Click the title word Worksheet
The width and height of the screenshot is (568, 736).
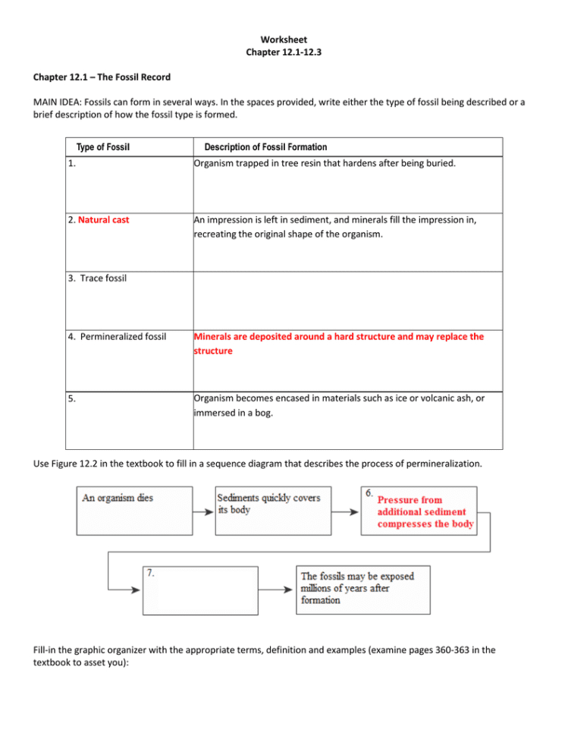coord(284,39)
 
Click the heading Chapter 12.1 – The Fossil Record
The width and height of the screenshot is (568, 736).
coord(102,77)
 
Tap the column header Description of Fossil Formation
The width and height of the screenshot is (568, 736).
coord(265,147)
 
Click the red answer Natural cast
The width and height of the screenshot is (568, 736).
coord(103,220)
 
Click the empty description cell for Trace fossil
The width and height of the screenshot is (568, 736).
coord(346,300)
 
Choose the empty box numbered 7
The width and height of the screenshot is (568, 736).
coord(197,590)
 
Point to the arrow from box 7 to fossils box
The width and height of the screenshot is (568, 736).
coord(273,590)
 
